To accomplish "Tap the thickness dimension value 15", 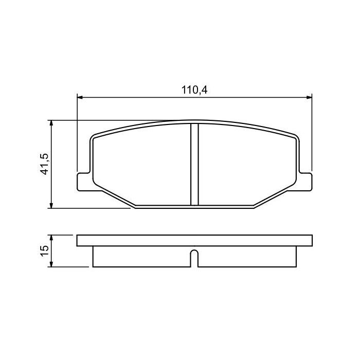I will coord(45,250).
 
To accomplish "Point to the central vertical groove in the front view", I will coord(194,165).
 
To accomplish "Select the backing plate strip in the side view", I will coord(194,241).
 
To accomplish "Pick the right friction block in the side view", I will coord(247,257).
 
